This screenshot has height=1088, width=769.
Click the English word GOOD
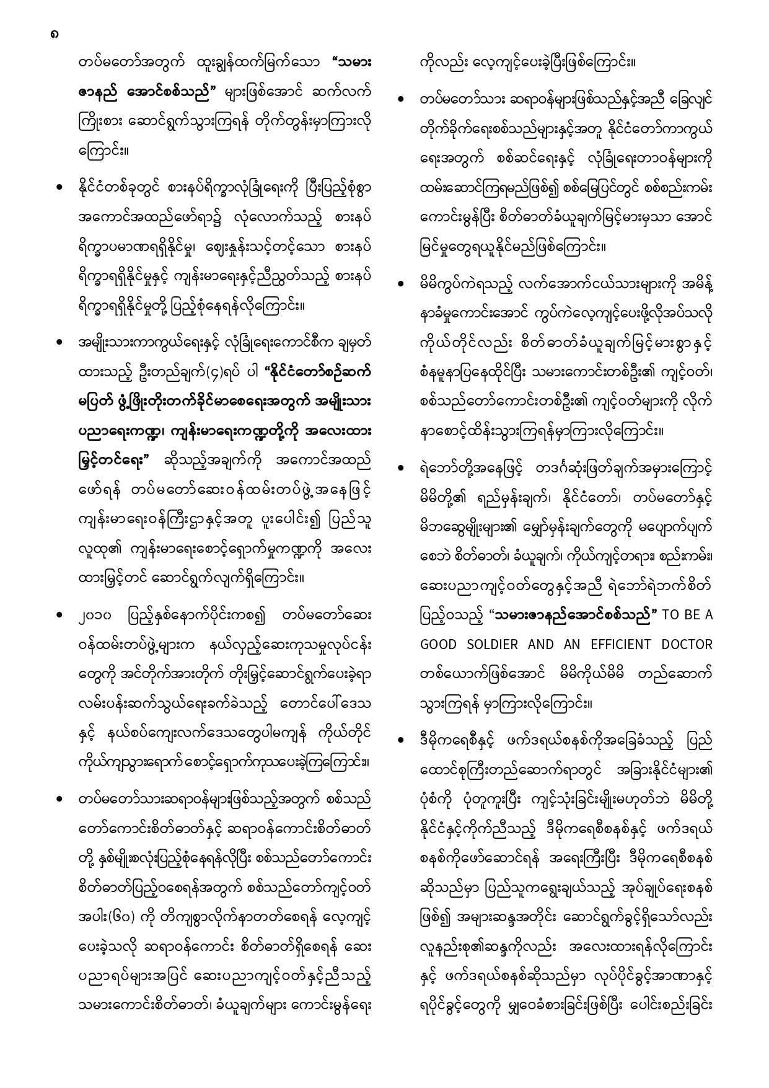[441, 644]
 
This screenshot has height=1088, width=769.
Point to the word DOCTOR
[686, 644]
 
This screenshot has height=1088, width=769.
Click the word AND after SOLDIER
[542, 644]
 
